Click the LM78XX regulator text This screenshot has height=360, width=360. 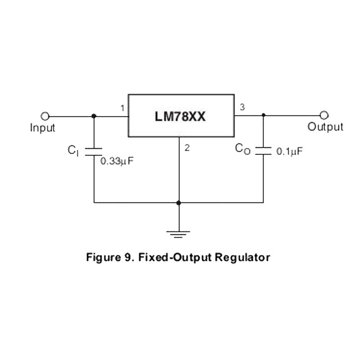[180, 117]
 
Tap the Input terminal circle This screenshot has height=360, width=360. [45, 116]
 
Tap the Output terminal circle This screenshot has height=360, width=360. [324, 116]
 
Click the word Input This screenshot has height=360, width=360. [42, 128]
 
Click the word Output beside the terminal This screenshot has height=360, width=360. [325, 127]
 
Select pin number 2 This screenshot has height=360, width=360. [187, 147]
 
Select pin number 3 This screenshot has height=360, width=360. [242, 107]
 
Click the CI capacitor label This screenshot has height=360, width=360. [73, 151]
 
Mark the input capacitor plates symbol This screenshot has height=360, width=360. [94, 151]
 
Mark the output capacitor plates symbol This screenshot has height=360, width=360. [263, 150]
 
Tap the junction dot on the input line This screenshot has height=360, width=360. [94, 116]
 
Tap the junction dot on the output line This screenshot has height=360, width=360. [263, 116]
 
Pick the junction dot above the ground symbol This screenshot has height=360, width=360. [179, 203]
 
